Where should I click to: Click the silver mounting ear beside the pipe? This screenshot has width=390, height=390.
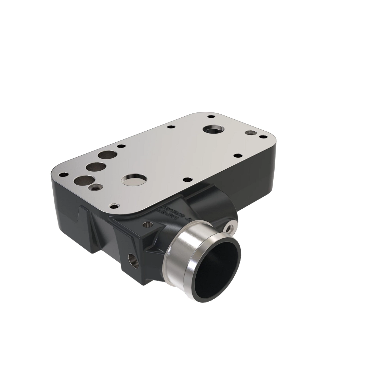click(x=231, y=227)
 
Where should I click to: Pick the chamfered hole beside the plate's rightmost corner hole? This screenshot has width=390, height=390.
click(x=250, y=133)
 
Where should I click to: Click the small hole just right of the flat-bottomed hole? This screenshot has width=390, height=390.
click(x=186, y=179)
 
